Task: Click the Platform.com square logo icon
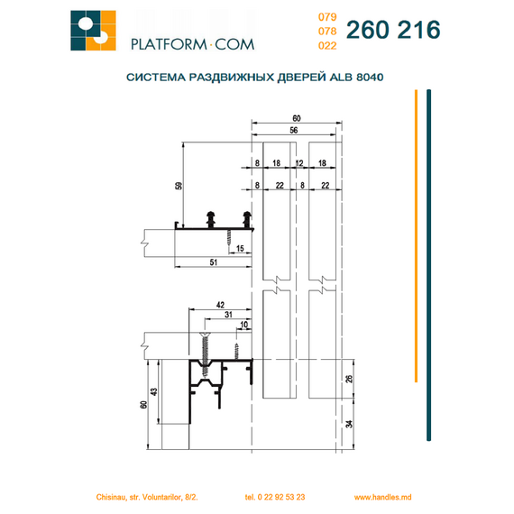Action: click(x=93, y=31)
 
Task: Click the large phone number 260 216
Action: click(x=393, y=30)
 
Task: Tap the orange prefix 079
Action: click(x=327, y=17)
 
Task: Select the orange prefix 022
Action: click(x=327, y=46)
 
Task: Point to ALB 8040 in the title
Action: click(x=356, y=77)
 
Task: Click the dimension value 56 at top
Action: click(x=294, y=130)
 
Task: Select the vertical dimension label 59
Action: click(x=179, y=186)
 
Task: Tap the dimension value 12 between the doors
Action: click(x=299, y=163)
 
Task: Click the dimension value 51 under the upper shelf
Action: click(x=214, y=262)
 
